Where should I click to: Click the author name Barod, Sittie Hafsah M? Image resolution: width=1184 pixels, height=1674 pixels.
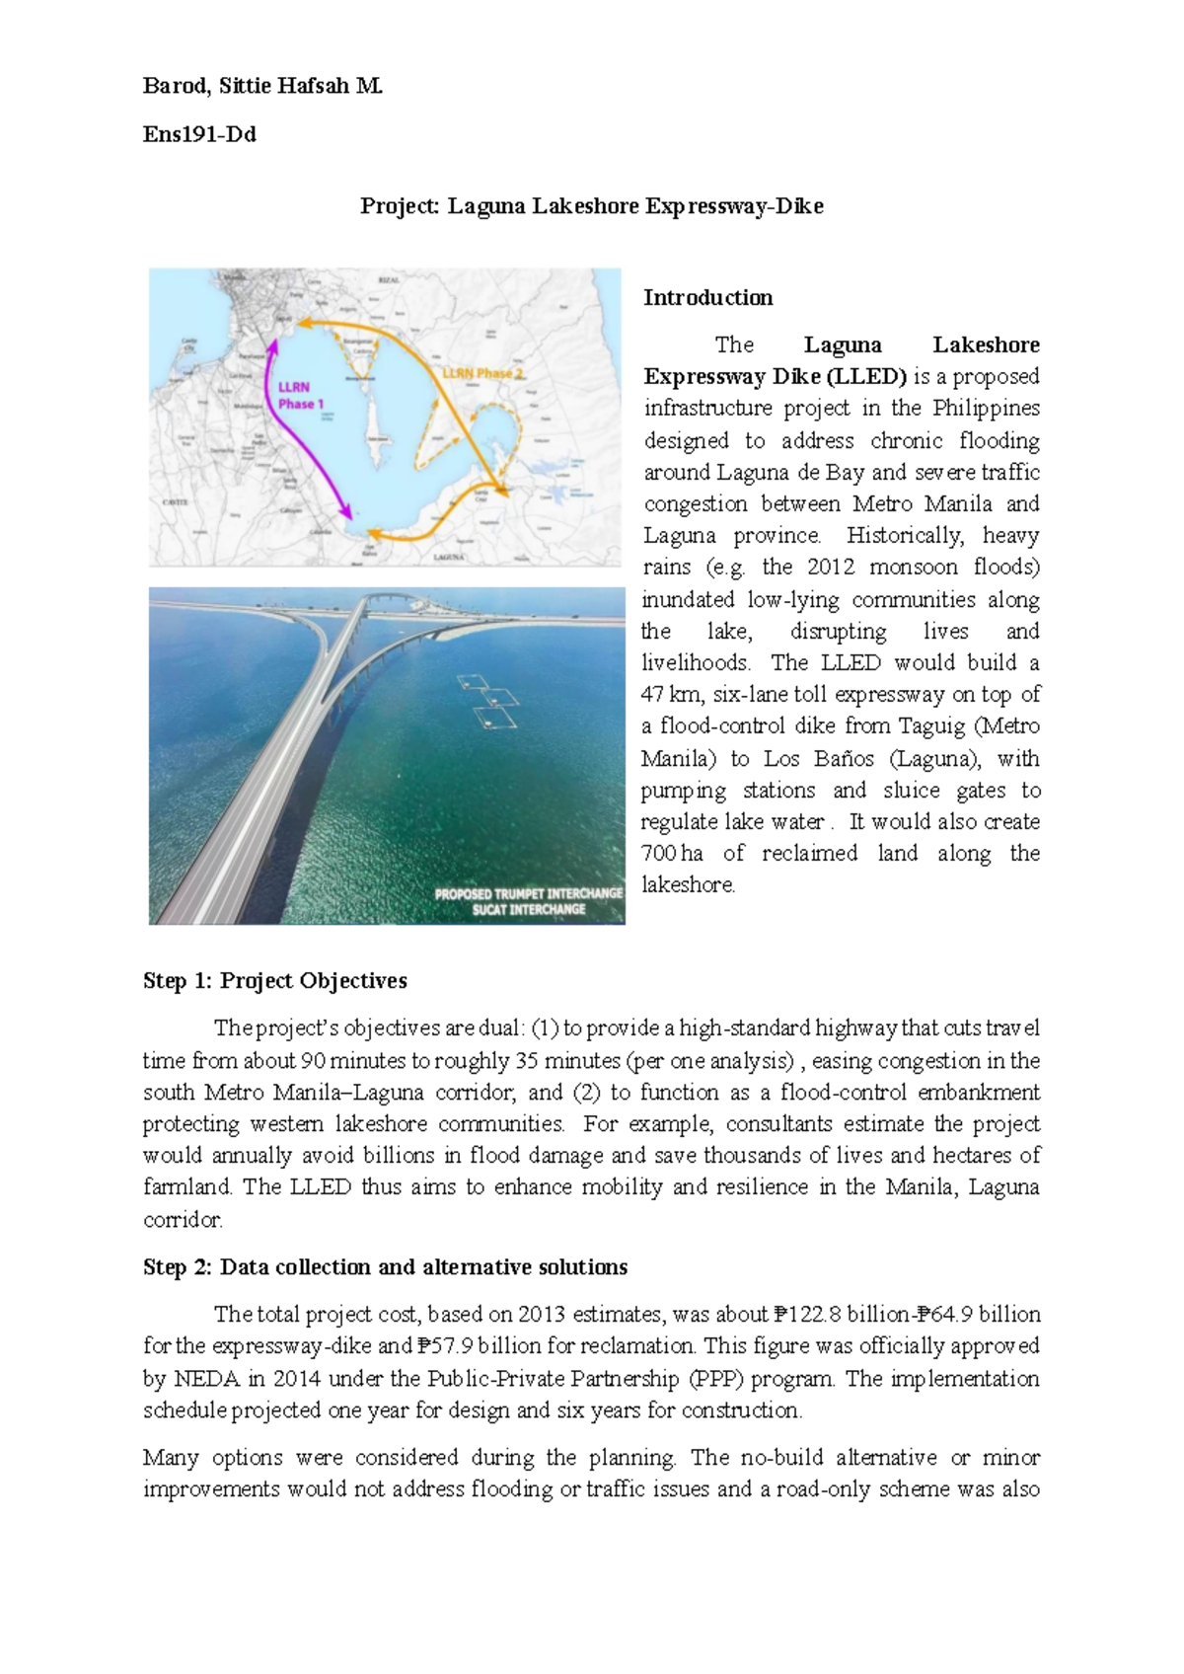tap(262, 86)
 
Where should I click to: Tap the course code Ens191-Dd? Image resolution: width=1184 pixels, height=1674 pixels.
tap(199, 134)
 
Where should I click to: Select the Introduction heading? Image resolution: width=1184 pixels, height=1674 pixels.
tap(707, 298)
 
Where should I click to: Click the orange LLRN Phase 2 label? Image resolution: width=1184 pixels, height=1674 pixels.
tap(481, 373)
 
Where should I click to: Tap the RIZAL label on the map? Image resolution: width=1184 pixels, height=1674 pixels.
tap(390, 279)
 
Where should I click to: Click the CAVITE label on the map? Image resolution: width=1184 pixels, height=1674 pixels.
tap(175, 501)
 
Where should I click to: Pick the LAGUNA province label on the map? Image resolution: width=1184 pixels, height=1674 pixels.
tap(449, 557)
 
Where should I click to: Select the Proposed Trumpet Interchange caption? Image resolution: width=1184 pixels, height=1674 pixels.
tap(529, 900)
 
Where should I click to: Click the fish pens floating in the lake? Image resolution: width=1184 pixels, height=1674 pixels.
tap(488, 700)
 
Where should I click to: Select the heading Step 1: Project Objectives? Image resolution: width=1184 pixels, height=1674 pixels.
tap(274, 980)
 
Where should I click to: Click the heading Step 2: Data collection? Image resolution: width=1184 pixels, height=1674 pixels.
tap(385, 1266)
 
